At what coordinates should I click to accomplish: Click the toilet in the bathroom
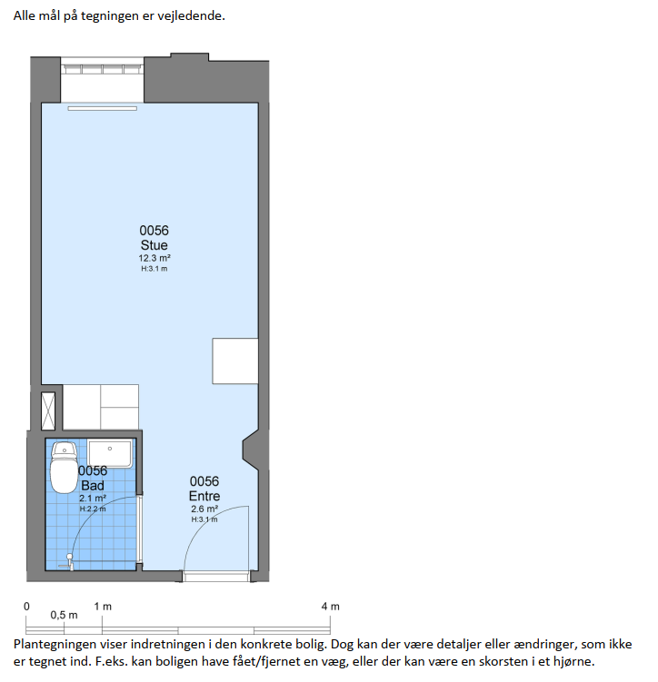[x=64, y=468]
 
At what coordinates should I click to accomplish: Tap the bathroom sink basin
[x=110, y=454]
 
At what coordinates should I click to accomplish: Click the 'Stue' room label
[x=155, y=245]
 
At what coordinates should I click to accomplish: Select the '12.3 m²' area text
[x=155, y=258]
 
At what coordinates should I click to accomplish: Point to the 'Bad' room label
[x=93, y=486]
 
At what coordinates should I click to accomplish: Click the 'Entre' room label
[x=204, y=496]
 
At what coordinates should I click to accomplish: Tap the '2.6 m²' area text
[x=204, y=509]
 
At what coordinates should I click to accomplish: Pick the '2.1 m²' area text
[x=93, y=499]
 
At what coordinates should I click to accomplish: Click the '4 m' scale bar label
[x=330, y=607]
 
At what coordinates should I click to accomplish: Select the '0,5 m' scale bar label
[x=64, y=616]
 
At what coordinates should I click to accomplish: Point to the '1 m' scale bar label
[x=103, y=607]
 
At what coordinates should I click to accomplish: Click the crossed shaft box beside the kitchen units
[x=48, y=411]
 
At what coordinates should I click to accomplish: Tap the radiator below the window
[x=103, y=108]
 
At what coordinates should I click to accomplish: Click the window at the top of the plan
[x=103, y=69]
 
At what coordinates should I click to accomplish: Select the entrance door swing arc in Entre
[x=204, y=522]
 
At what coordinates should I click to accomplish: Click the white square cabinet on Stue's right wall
[x=235, y=361]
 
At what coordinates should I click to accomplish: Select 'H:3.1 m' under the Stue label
[x=155, y=269]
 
